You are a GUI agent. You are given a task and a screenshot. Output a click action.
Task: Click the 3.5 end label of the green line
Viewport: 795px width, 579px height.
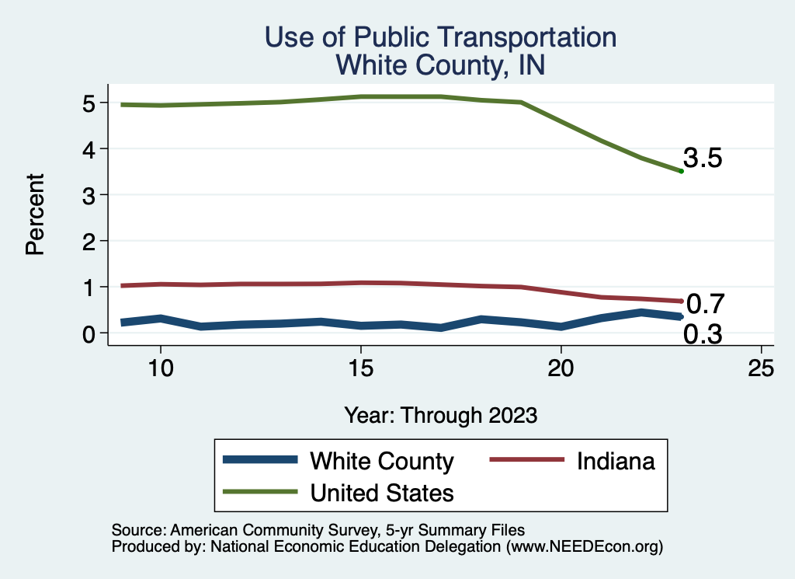tap(703, 159)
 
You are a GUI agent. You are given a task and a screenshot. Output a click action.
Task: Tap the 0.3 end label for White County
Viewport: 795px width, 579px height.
tap(703, 335)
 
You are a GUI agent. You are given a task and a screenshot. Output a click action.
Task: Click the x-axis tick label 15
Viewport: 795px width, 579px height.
tap(360, 368)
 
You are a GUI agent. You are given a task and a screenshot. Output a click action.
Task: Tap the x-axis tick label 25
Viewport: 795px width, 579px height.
tap(762, 368)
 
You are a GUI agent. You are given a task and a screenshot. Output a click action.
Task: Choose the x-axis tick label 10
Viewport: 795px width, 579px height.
tap(160, 368)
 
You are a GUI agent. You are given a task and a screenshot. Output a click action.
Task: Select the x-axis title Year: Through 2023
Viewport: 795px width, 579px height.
tap(441, 415)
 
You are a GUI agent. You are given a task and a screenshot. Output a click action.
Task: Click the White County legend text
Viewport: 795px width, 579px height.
tap(381, 461)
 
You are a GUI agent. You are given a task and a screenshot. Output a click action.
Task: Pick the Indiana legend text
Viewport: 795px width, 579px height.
tap(616, 461)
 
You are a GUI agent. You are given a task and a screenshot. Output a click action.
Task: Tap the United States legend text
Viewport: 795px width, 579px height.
tap(382, 492)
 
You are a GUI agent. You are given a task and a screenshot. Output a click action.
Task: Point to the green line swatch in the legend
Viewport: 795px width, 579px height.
tap(260, 492)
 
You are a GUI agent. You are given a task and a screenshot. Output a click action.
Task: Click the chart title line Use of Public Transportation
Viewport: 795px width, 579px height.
tap(441, 37)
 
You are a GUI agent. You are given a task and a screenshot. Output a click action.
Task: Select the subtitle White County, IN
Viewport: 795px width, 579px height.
tap(441, 65)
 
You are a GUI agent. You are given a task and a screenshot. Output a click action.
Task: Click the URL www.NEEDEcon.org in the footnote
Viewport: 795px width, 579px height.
tap(584, 547)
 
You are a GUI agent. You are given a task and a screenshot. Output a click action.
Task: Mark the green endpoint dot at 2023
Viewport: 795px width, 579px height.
tap(681, 171)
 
